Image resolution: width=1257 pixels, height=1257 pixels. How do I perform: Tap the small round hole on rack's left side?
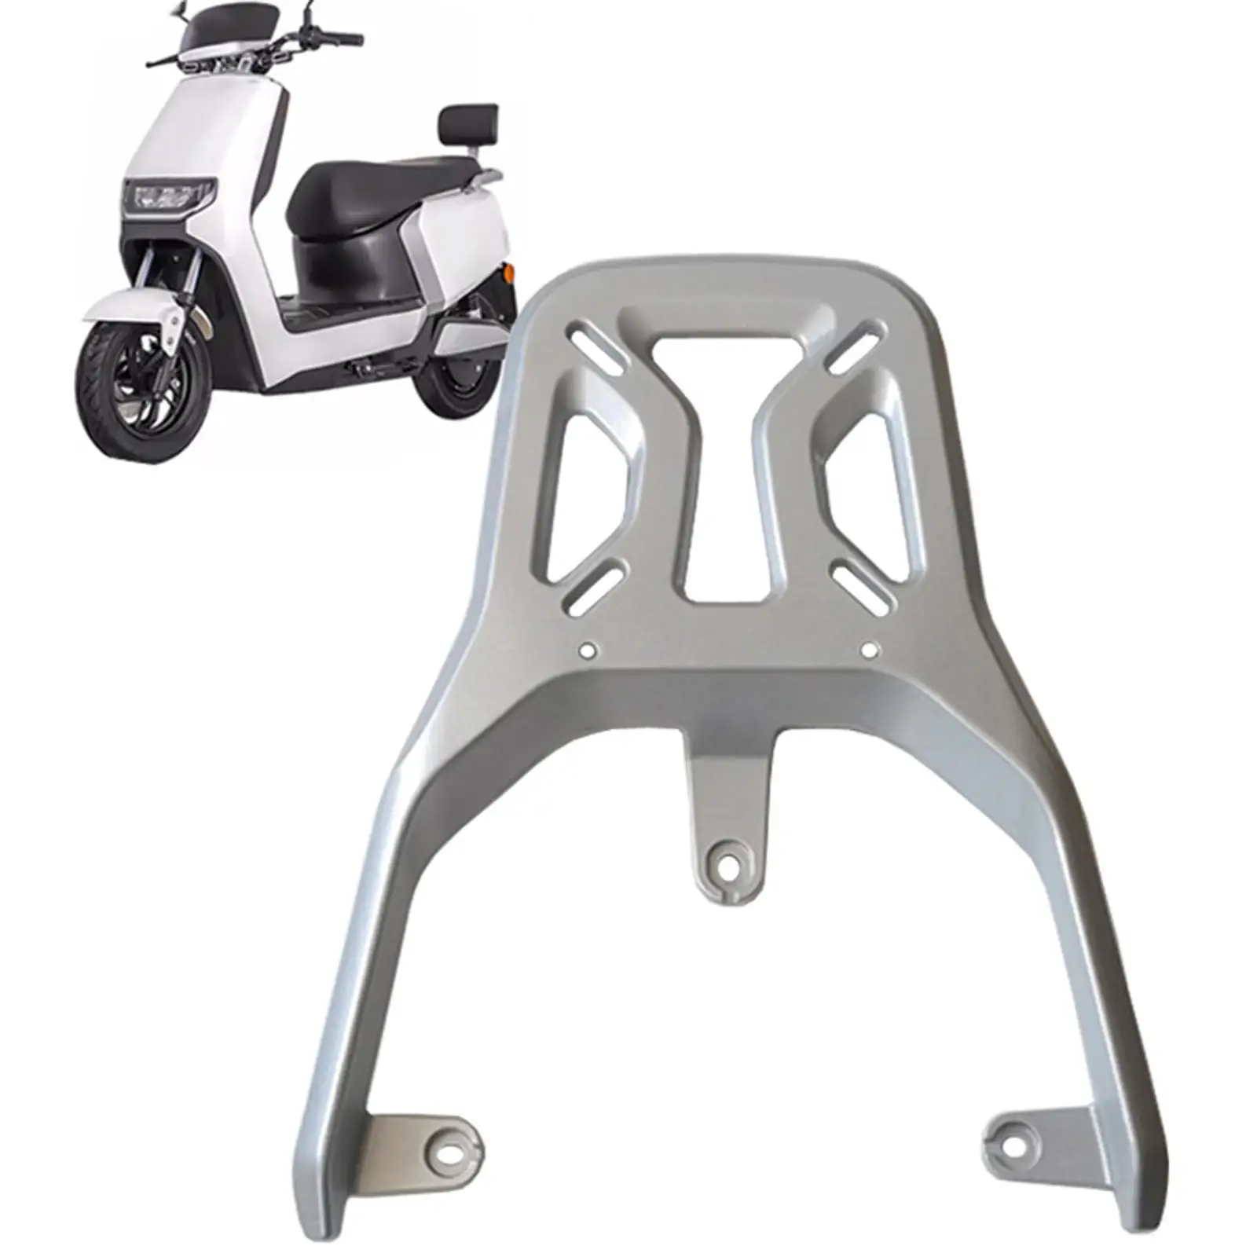[x=588, y=650]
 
